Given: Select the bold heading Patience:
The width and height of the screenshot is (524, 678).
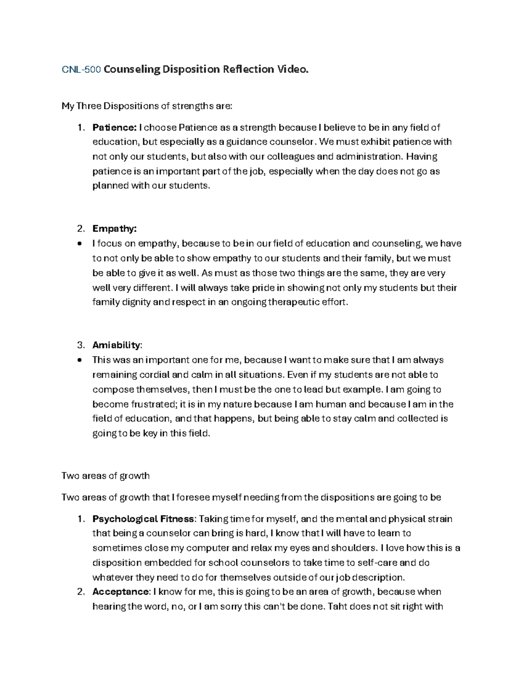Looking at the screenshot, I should coord(114,127).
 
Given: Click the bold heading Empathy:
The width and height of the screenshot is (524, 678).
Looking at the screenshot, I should coord(114,229).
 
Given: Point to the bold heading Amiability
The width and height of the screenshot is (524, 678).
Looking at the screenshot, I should coord(117,345).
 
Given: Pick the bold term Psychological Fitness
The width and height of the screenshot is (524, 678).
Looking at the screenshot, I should coord(143,519).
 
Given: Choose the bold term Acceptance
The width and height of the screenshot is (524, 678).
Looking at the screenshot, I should coord(121,592).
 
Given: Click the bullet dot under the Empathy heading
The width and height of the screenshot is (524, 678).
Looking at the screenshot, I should coord(79,244).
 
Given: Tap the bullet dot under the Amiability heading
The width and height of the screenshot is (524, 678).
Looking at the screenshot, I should coord(79,361).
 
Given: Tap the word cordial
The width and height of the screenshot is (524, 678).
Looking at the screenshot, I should coord(158,375).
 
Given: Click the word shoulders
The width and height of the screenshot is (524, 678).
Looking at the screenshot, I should coord(353,548).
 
